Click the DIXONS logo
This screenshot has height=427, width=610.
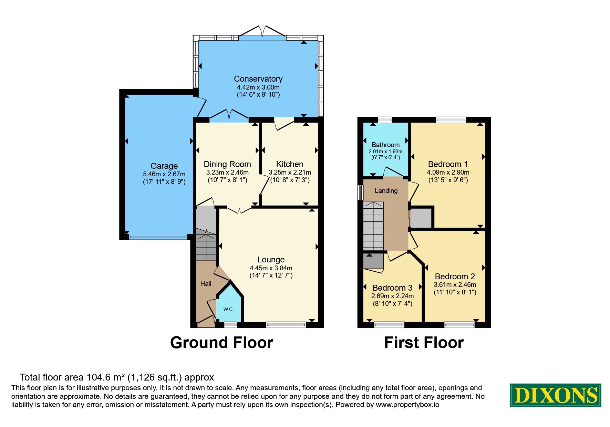click(555, 395)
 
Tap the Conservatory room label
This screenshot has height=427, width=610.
click(258, 79)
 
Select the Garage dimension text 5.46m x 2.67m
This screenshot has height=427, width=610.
click(164, 174)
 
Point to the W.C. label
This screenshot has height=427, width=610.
click(228, 309)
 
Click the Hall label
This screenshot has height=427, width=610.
click(206, 283)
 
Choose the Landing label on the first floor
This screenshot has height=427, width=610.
click(386, 191)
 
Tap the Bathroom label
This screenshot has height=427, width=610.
click(386, 145)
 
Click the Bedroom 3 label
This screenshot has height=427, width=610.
click(392, 288)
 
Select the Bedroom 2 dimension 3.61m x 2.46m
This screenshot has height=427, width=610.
click(455, 285)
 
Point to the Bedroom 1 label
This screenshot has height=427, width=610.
click(448, 164)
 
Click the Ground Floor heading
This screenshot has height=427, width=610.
click(221, 343)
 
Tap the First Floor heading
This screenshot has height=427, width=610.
click(424, 343)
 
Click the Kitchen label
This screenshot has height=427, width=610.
click(290, 164)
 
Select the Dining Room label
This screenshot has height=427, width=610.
click(227, 164)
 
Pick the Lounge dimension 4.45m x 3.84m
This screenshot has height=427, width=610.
click(271, 268)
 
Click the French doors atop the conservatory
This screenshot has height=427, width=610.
click(262, 32)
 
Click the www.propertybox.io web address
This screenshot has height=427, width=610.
click(407, 405)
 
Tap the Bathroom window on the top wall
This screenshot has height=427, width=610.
click(385, 120)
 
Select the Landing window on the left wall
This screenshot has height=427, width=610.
click(361, 192)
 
